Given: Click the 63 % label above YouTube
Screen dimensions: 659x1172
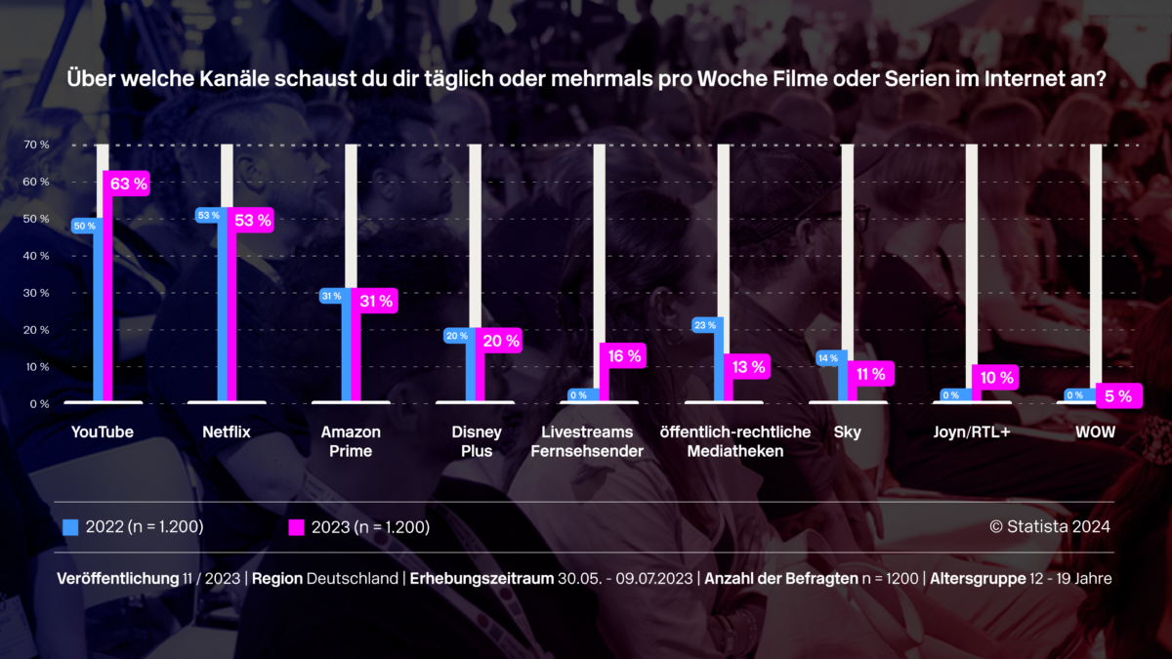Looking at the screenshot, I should pyautogui.click(x=128, y=184).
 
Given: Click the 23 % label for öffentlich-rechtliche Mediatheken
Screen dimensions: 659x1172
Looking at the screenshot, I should pyautogui.click(x=705, y=326).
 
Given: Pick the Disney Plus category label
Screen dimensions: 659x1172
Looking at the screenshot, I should pyautogui.click(x=478, y=441).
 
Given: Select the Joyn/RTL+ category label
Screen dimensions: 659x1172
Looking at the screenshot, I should pyautogui.click(x=972, y=432).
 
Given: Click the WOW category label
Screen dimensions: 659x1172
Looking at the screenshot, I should pyautogui.click(x=1095, y=432).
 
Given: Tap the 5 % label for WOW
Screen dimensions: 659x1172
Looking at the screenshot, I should pyautogui.click(x=1118, y=396).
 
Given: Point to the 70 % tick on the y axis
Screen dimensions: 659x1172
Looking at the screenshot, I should pyautogui.click(x=37, y=145).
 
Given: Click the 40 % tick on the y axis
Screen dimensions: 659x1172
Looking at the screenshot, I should pyautogui.click(x=37, y=256).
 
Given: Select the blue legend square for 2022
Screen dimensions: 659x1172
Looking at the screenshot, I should pyautogui.click(x=70, y=527).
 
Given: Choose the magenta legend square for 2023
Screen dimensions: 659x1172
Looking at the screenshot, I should pyautogui.click(x=296, y=527).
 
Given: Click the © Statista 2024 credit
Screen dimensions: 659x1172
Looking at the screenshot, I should pyautogui.click(x=1050, y=527).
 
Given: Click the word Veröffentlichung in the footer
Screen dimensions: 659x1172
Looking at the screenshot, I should pyautogui.click(x=117, y=579).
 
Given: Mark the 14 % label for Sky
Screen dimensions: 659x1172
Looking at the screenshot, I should pyautogui.click(x=828, y=358).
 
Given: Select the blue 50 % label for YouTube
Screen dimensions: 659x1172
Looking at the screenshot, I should pyautogui.click(x=84, y=226).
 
